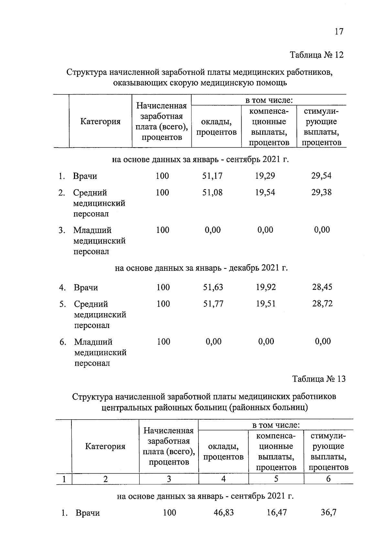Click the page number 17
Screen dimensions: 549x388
pos(339,31)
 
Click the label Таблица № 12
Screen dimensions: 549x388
pos(317,55)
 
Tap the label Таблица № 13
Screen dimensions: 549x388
pos(319,379)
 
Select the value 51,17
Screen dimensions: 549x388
pos(212,176)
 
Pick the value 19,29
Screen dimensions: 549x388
pos(265,176)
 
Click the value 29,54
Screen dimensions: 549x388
pos(321,176)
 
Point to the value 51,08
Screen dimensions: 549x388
pos(212,192)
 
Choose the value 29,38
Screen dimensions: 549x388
pos(321,192)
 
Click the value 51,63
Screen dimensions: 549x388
pos(213,287)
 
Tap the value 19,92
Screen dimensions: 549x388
pos(266,287)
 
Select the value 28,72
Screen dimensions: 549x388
pos(322,304)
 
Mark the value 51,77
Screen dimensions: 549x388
pos(213,304)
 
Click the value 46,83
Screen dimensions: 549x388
pos(223,512)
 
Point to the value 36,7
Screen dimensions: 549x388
pos(329,512)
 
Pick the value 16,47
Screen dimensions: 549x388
pos(276,512)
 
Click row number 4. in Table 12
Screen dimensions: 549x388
pos(62,288)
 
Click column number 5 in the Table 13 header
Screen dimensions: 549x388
pos(276,479)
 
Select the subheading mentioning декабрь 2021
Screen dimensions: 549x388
pos(201,268)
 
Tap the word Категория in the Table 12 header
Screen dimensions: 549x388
pos(100,122)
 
